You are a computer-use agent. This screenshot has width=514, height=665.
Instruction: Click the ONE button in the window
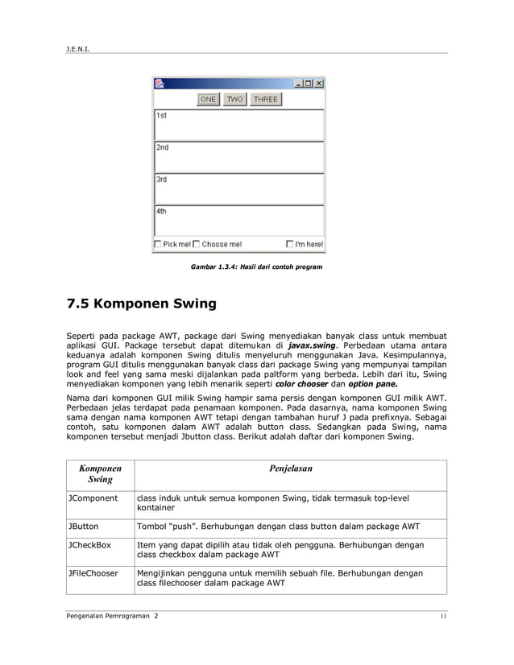pos(209,99)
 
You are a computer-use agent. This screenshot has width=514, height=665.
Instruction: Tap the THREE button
pos(265,99)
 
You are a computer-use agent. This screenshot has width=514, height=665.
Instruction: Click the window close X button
pos(319,83)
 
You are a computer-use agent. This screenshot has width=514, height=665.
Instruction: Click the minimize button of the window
pos(298,83)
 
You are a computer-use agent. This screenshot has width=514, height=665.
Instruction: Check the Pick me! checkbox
pos(157,244)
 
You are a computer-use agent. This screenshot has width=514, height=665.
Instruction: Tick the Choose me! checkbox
pos(196,244)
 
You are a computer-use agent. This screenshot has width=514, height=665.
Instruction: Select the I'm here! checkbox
pos(290,244)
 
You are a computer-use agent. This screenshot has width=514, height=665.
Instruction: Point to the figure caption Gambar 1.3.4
pos(256,266)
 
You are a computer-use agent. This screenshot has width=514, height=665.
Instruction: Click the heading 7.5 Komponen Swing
pos(141,304)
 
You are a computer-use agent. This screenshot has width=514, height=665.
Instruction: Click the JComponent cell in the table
pos(93,498)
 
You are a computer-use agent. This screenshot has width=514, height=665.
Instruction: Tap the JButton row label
pos(83,527)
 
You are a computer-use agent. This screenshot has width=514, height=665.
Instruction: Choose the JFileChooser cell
pos(93,574)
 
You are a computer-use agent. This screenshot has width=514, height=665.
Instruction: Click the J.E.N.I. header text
pos(77,47)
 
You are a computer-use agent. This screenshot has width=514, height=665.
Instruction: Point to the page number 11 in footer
pos(442,616)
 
